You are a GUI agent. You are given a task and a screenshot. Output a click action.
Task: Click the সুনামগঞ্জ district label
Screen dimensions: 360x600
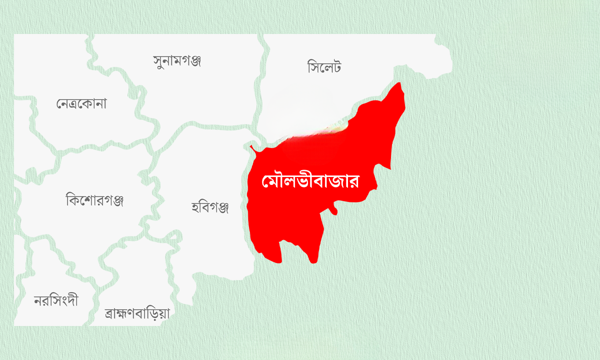pyautogui.click(x=177, y=61)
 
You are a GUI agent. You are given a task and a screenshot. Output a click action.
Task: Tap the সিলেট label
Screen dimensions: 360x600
pyautogui.click(x=324, y=66)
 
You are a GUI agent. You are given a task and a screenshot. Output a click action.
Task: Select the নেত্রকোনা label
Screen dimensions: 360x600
pyautogui.click(x=81, y=104)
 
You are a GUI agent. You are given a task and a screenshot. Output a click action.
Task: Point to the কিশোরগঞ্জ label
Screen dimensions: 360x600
pyautogui.click(x=94, y=200)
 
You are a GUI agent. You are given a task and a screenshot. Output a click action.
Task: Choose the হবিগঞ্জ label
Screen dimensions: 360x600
pyautogui.click(x=210, y=206)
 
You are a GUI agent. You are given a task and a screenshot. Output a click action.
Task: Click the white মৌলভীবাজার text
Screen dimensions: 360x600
pyautogui.click(x=311, y=181)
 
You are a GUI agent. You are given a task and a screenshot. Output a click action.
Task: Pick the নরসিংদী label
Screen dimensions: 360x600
pyautogui.click(x=56, y=301)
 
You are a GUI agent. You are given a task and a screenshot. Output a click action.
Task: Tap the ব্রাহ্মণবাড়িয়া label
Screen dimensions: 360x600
pyautogui.click(x=137, y=313)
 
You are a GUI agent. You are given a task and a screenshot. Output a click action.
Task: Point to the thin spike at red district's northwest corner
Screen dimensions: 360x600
pyautogui.click(x=251, y=147)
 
